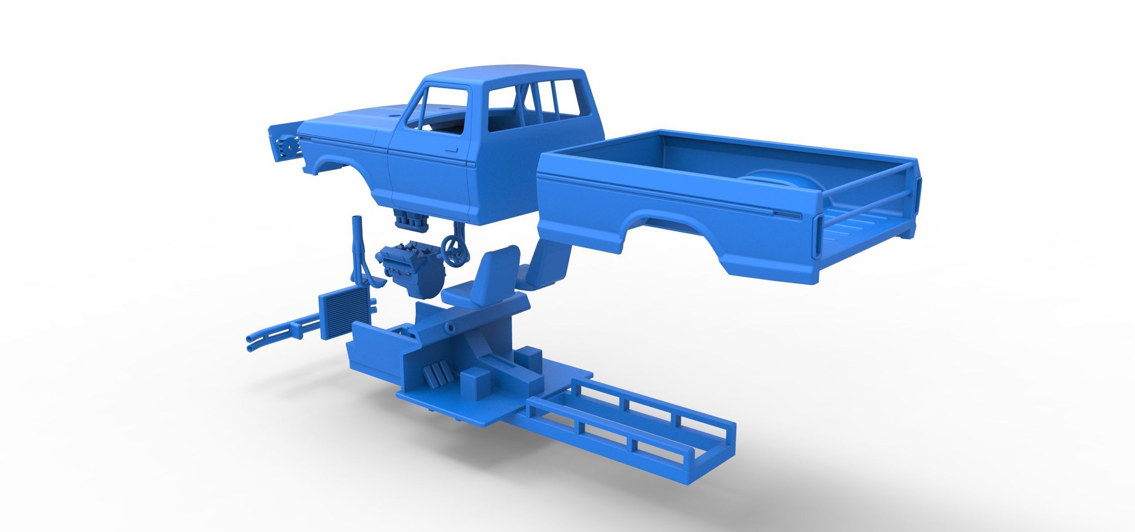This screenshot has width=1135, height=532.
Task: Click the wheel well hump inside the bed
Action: click(x=772, y=177)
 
